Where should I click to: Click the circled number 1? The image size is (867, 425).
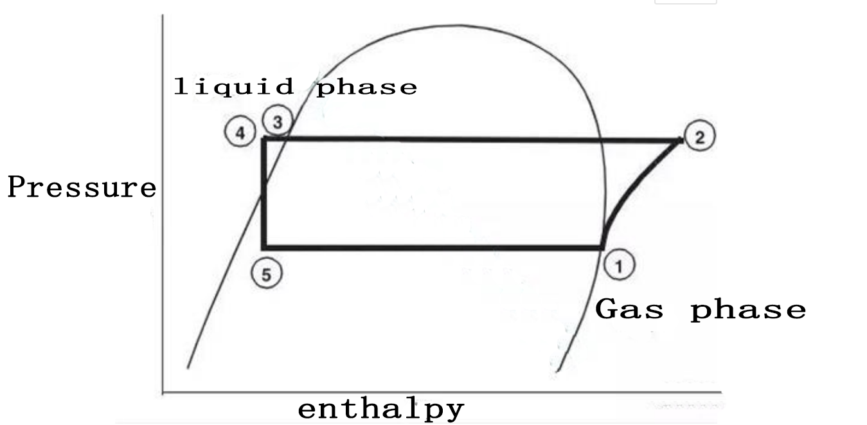(620, 266)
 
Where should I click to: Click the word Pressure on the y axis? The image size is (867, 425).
(82, 188)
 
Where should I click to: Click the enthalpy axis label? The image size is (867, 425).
(380, 409)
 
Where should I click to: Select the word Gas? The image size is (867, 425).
(629, 310)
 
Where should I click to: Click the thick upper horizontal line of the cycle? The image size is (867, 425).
(469, 140)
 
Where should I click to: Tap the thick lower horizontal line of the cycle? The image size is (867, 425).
(431, 248)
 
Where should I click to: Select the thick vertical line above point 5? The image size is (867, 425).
(264, 193)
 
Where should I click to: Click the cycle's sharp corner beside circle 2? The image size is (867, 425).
(680, 140)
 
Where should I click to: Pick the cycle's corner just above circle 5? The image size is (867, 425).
(264, 248)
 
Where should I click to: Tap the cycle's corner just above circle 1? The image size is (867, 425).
(603, 247)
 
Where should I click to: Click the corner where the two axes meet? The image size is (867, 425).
(163, 392)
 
